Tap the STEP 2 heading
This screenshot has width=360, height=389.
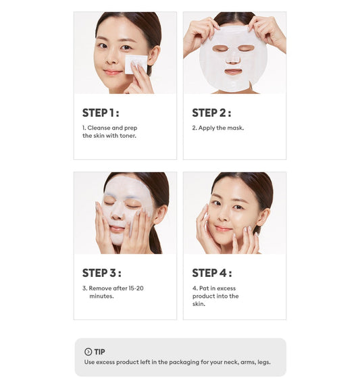click(211, 113)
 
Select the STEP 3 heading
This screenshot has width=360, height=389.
click(101, 273)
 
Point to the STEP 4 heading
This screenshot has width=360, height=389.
click(211, 273)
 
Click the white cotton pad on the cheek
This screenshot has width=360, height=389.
click(136, 64)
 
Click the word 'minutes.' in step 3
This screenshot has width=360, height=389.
click(101, 296)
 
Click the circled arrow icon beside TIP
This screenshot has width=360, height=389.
click(88, 352)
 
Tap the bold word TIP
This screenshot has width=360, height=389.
click(100, 352)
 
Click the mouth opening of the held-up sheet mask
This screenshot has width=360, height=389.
click(233, 71)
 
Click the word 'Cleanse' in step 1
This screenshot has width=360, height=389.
click(101, 128)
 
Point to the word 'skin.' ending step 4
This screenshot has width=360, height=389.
click(199, 304)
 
